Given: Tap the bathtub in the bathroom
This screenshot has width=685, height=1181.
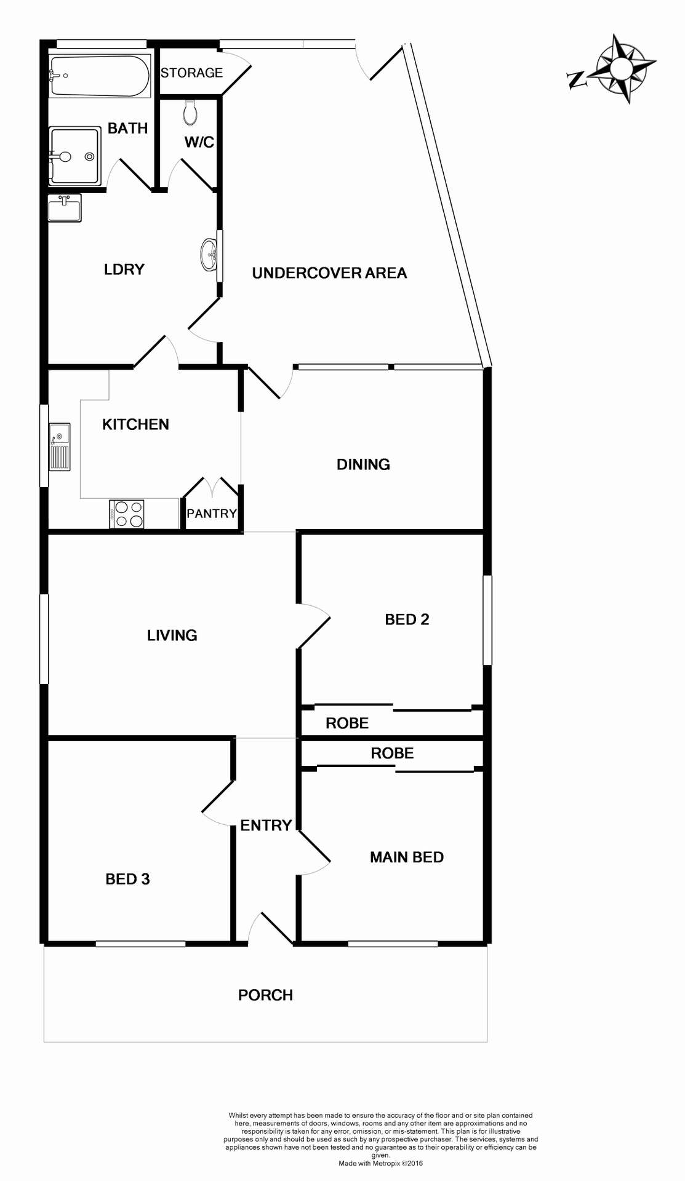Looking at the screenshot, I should point(100,76).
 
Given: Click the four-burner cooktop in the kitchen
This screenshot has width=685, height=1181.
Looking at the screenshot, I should point(127,514).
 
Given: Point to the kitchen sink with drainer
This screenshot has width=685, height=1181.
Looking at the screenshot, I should point(60,447).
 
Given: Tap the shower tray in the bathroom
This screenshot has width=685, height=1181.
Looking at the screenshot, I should point(74,156).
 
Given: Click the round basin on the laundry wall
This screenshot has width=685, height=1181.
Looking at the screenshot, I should point(209,254).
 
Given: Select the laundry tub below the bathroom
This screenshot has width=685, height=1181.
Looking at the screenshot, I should point(65,207).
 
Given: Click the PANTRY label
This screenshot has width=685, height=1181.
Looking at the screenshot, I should point(212,514).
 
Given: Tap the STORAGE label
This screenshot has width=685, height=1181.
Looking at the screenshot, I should point(191,73).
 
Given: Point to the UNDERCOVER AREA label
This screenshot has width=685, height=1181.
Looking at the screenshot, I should point(329,273).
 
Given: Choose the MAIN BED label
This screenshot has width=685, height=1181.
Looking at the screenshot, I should point(406,857).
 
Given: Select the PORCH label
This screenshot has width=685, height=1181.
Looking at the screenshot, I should point(265,995).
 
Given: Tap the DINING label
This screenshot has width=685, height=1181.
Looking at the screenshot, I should point(363,464).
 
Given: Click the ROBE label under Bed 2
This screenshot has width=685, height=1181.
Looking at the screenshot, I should point(347,723).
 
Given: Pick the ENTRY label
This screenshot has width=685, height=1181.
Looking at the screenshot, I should point(266,825).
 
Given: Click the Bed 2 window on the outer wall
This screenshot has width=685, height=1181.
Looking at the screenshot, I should point(487,620).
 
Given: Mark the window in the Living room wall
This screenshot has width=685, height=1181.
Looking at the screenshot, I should point(44,638).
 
